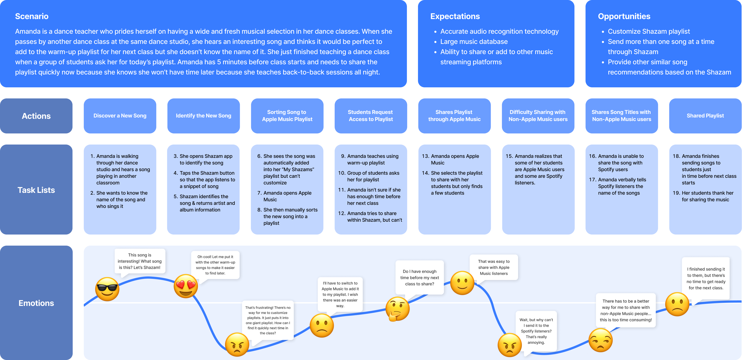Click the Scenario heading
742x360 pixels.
tap(32, 16)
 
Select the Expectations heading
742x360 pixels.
tap(455, 16)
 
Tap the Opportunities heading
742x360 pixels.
tap(624, 16)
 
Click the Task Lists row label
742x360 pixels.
tap(36, 190)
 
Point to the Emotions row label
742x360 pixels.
tap(36, 303)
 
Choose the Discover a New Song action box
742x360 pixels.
tap(120, 116)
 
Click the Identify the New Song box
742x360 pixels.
tap(203, 116)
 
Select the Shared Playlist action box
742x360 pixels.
tap(705, 116)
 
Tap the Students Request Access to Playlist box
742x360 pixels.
tap(371, 116)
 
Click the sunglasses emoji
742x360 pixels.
tap(107, 289)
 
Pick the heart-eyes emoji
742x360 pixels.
tap(186, 286)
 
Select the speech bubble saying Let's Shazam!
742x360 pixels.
tap(140, 261)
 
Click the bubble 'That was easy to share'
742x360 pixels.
tap(494, 267)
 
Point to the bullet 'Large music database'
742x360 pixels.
tap(474, 42)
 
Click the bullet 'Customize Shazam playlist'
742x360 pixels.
tap(649, 31)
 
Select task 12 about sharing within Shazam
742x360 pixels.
tap(374, 217)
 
